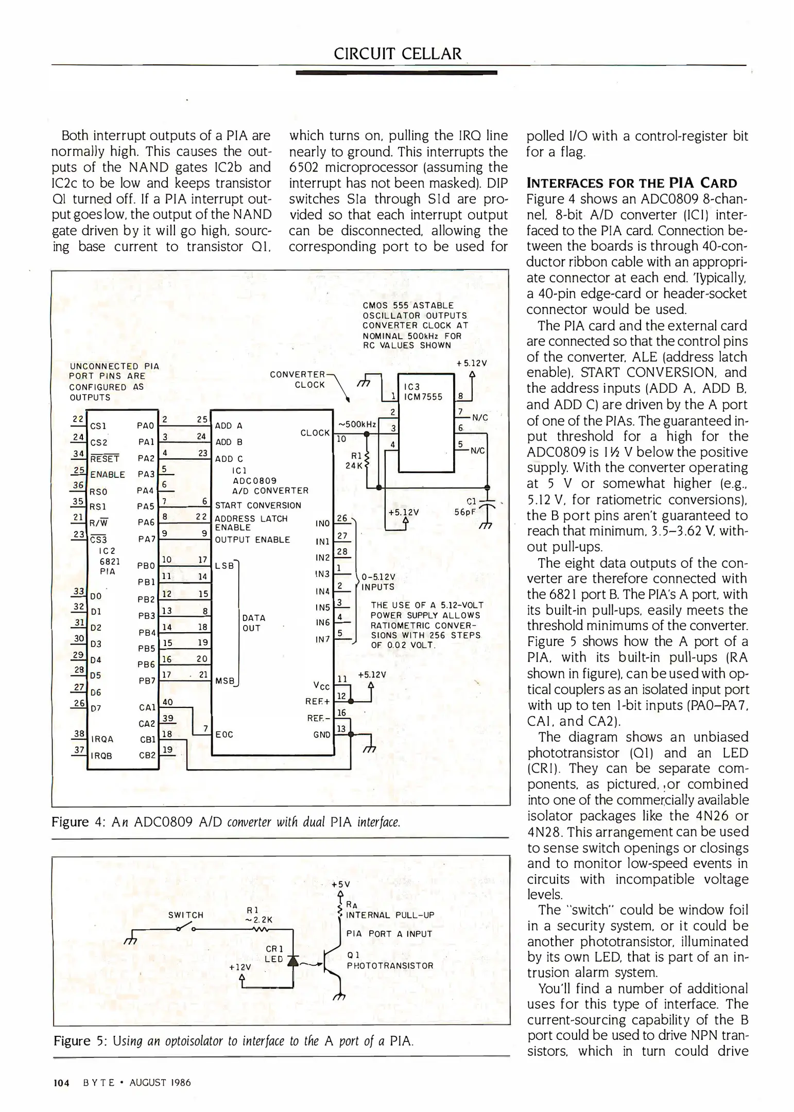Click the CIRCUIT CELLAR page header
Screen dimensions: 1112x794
398,54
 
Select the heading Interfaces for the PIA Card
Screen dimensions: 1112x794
631,183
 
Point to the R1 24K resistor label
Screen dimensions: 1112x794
356,460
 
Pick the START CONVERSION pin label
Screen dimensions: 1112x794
257,506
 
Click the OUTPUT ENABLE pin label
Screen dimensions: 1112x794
252,540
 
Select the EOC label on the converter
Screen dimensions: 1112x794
224,735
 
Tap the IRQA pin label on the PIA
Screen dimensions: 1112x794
101,739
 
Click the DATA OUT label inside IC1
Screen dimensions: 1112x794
254,622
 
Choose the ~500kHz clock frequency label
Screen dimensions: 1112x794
357,424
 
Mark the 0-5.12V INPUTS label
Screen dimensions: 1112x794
378,582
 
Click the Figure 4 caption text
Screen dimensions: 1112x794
226,822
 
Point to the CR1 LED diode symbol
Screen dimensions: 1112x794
295,961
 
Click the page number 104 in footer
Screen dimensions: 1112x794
61,1083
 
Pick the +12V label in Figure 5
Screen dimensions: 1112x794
240,967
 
